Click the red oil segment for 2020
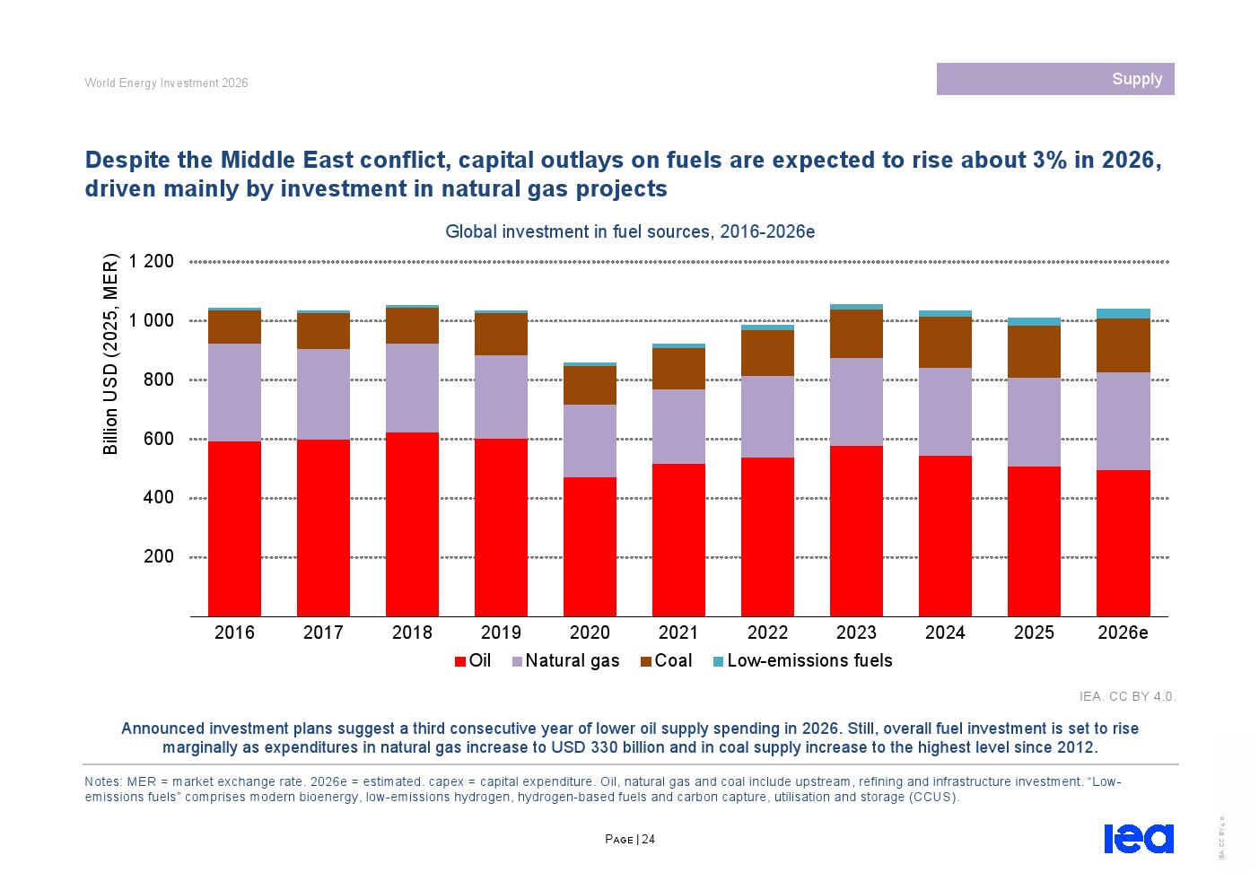point(590,546)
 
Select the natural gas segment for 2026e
point(1123,421)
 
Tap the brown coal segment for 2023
point(856,334)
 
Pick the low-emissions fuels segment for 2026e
point(1123,313)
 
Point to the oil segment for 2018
point(412,524)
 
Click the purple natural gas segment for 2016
point(234,392)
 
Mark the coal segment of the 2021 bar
point(678,369)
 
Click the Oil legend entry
point(473,660)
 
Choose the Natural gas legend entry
point(566,660)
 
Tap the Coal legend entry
point(666,660)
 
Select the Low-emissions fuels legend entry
point(802,660)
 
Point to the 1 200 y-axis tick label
point(151,261)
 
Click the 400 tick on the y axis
point(159,497)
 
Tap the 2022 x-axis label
point(767,633)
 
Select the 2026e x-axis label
point(1123,633)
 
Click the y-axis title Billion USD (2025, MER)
point(110,354)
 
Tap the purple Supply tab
point(1055,79)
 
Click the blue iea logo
point(1139,838)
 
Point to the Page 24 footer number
point(630,839)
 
